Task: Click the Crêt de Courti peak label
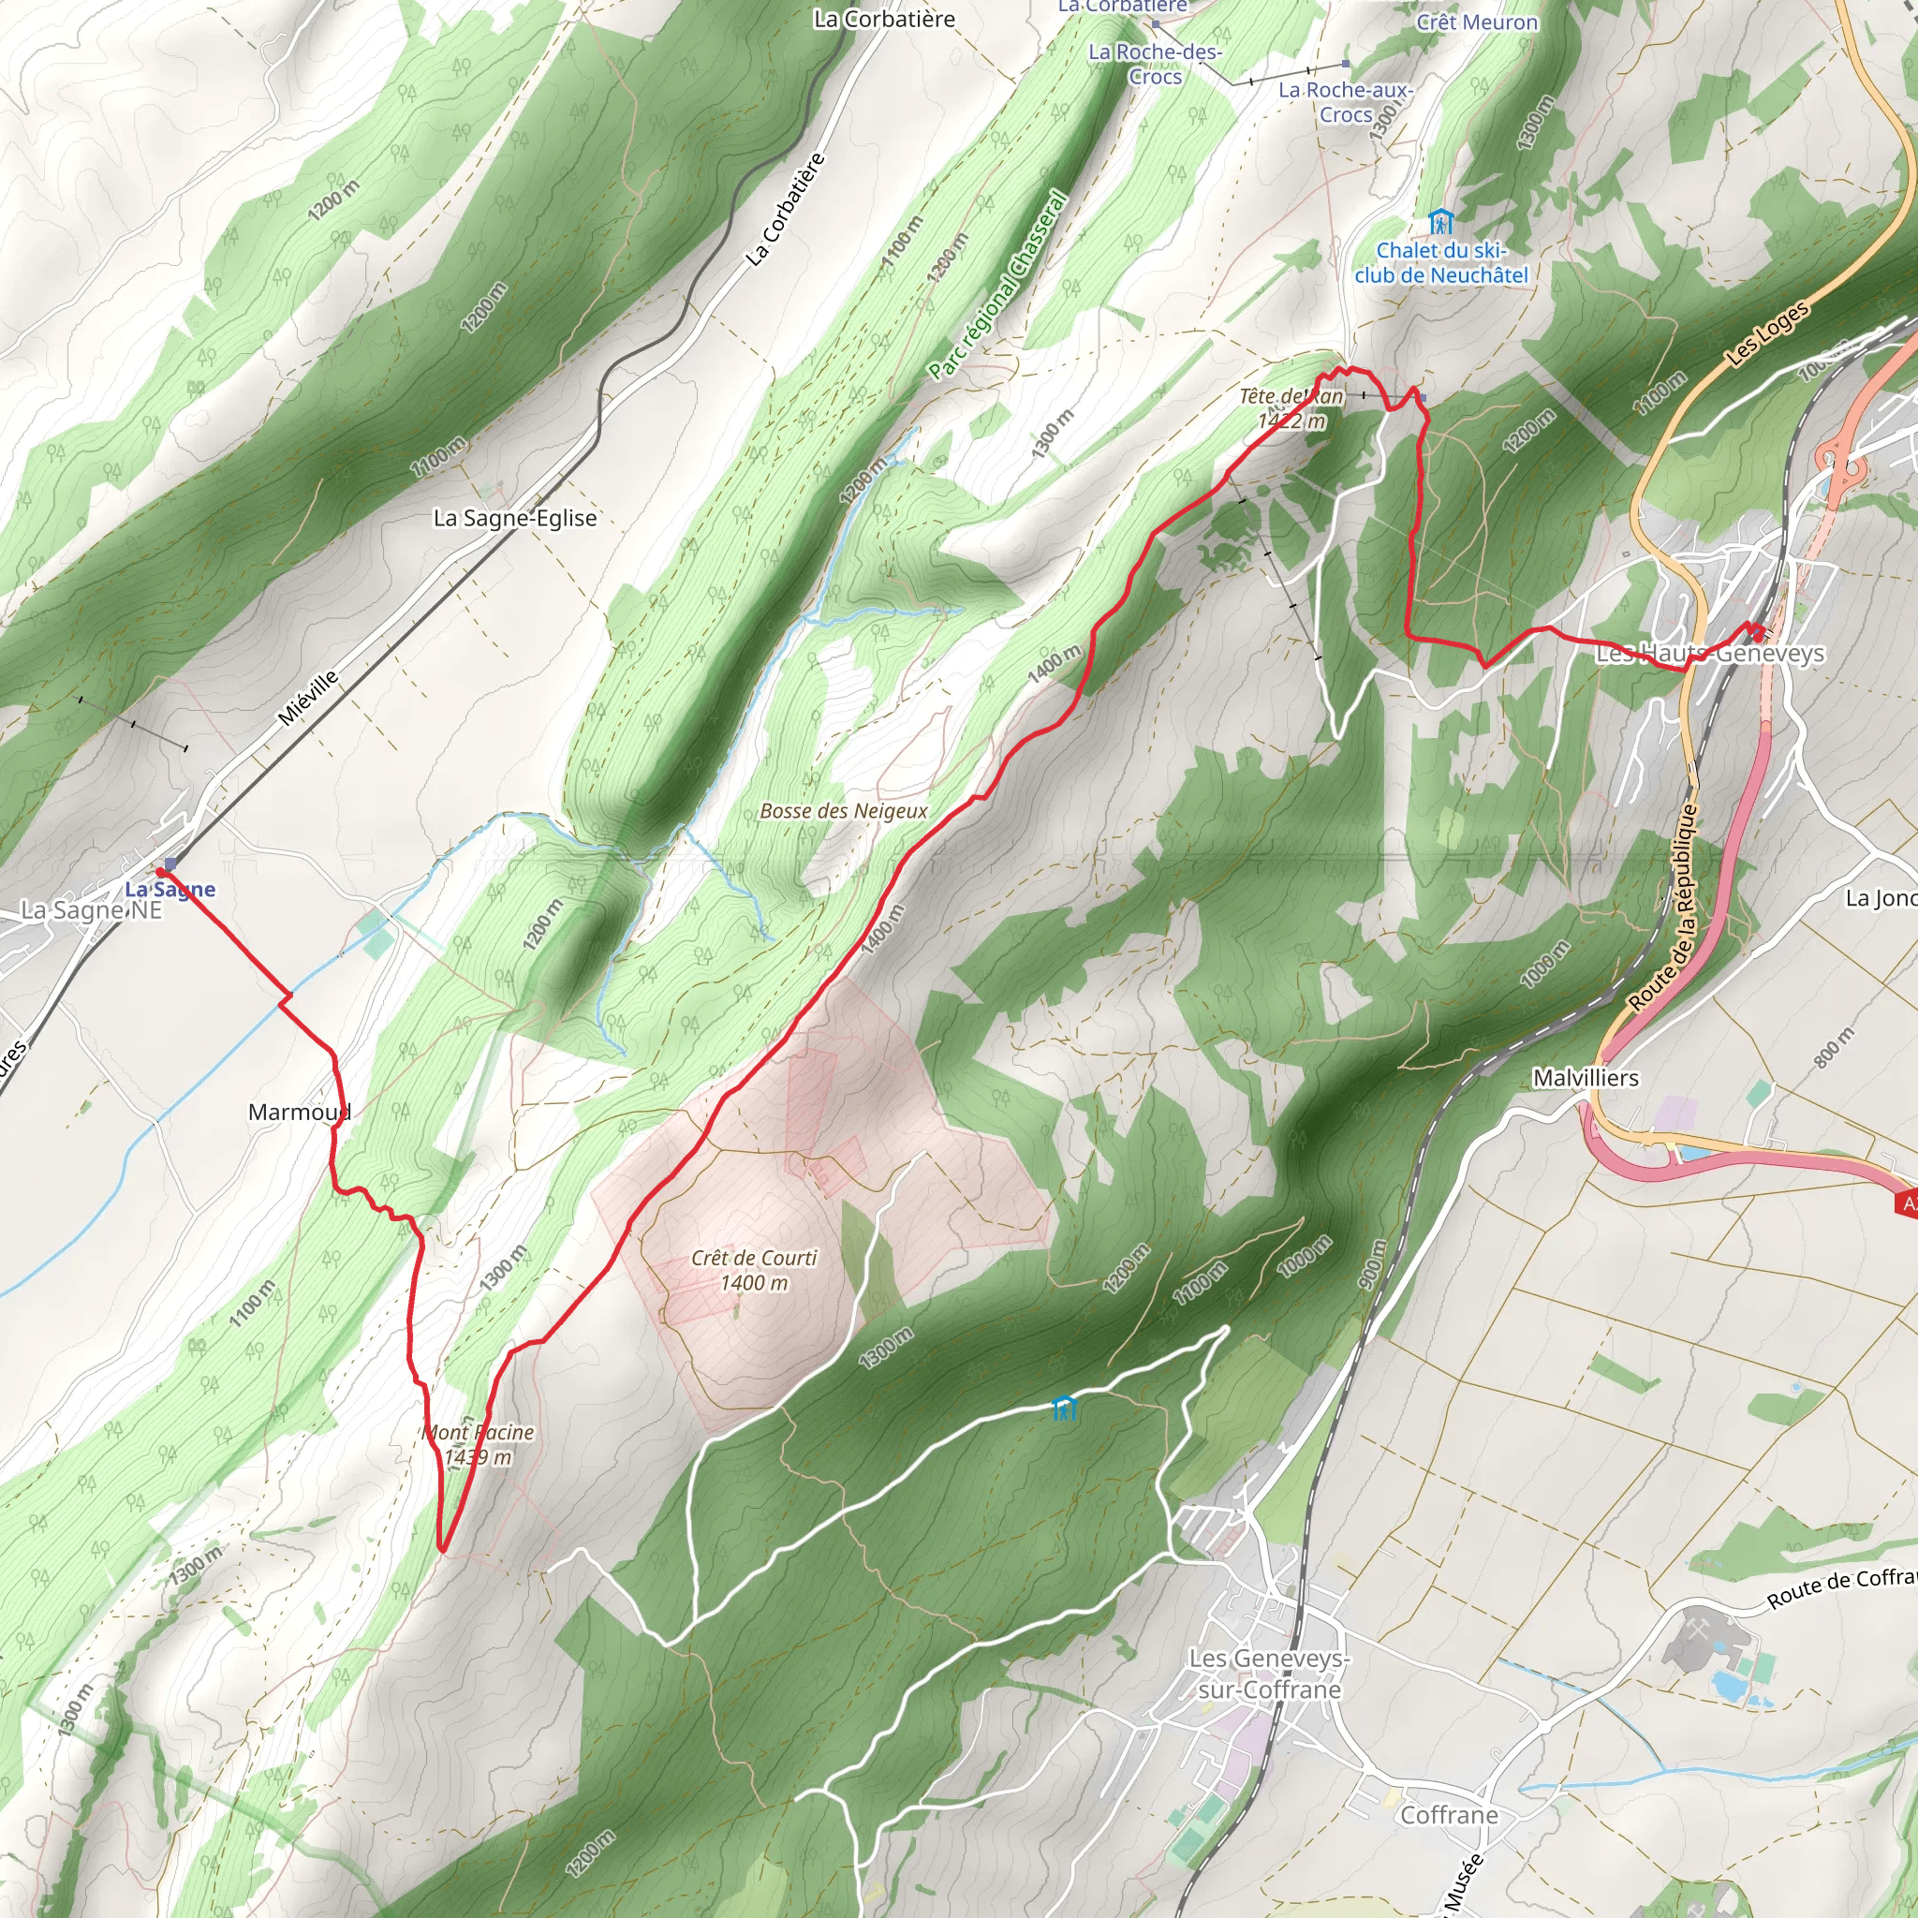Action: [x=754, y=1271]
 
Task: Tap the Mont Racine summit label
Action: [x=479, y=1444]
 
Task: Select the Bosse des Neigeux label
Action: [x=843, y=811]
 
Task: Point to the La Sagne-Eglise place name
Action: [x=515, y=517]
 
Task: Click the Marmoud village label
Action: [x=299, y=1112]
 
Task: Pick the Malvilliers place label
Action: [x=1586, y=1077]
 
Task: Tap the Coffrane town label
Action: [x=1449, y=1815]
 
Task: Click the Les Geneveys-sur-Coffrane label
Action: [x=1269, y=1674]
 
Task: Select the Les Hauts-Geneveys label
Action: [x=1709, y=654]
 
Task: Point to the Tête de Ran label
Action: [x=1291, y=408]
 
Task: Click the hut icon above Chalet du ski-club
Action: [x=1440, y=221]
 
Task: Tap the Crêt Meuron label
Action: [x=1477, y=22]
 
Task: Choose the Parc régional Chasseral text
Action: [x=998, y=285]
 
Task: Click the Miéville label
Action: [x=308, y=697]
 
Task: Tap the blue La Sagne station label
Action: [x=170, y=889]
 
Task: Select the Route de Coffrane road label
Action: [x=1841, y=1586]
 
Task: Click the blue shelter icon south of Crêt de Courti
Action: [x=1063, y=1407]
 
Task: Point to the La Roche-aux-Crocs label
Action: [x=1345, y=102]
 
